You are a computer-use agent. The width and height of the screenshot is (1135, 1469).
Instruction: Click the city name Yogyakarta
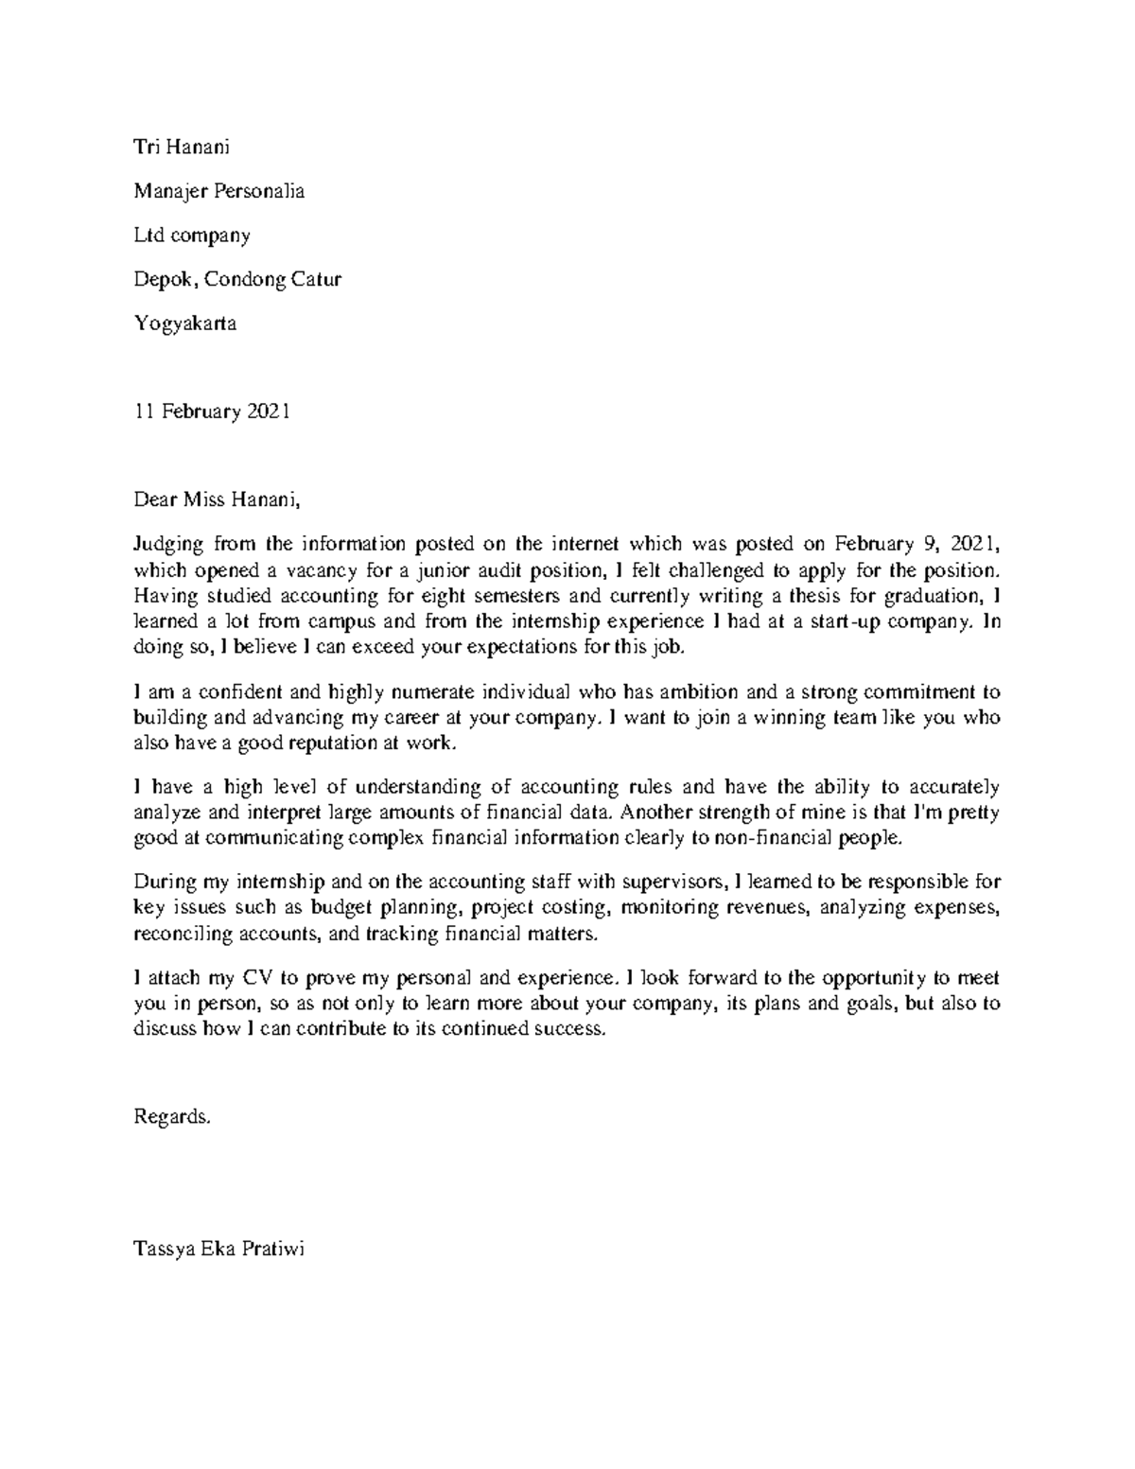(x=185, y=324)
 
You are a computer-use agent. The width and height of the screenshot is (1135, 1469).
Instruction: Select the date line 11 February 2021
(x=213, y=411)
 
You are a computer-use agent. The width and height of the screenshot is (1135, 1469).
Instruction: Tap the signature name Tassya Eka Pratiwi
(x=219, y=1249)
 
